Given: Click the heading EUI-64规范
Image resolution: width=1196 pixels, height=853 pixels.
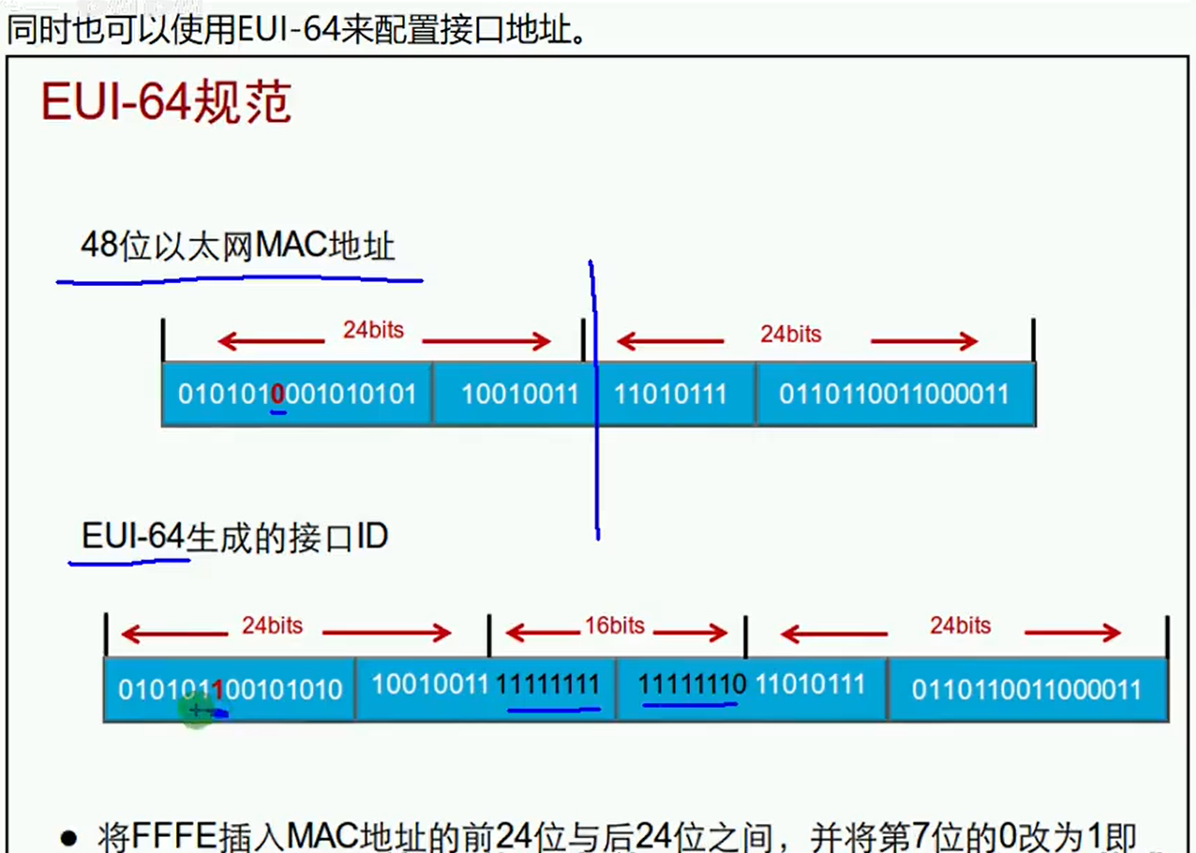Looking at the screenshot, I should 166,102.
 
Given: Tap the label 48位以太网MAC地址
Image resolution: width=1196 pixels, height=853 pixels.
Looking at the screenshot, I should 238,246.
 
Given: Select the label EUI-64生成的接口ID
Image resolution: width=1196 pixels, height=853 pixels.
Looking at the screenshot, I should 234,537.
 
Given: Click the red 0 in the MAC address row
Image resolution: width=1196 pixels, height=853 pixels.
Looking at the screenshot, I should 277,394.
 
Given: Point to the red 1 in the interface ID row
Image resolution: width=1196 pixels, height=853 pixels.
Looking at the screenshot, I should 217,690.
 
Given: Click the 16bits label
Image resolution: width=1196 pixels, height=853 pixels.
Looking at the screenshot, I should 615,625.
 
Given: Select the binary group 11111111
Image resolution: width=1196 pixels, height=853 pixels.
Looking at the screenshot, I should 547,685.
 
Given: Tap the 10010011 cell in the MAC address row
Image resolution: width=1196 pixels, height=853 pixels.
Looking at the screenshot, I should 519,394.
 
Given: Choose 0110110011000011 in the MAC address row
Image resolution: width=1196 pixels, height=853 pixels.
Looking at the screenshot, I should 894,394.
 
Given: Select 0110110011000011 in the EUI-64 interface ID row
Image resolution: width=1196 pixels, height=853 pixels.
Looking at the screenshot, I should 1026,690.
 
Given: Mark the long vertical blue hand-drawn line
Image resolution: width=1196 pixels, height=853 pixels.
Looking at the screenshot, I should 594,403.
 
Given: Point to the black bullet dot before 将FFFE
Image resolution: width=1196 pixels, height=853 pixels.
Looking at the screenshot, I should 67,838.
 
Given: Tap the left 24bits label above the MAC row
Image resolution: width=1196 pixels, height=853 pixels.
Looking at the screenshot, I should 373,330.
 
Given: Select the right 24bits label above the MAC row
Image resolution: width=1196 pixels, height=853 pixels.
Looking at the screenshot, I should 790,334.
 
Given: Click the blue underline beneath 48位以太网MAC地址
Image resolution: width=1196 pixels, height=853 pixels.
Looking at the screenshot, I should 239,277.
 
